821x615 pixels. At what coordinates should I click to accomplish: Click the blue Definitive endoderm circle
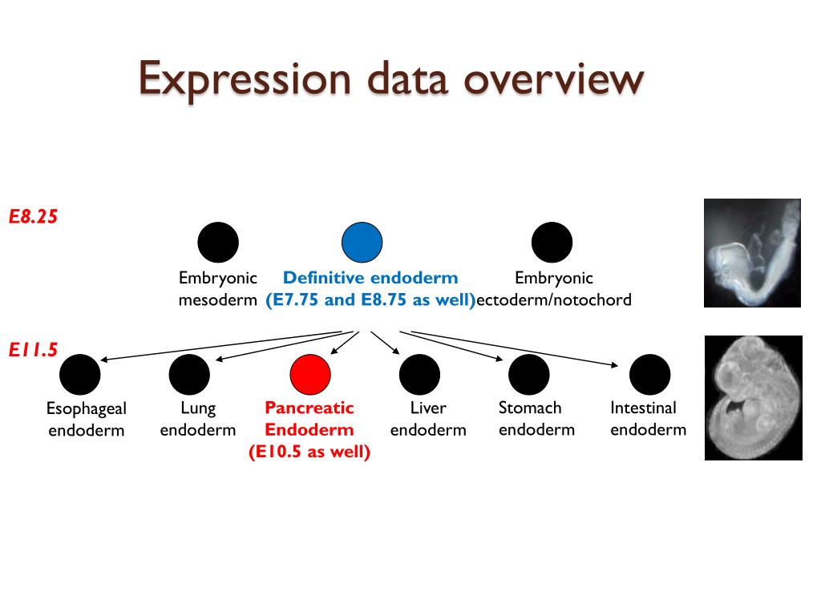pos(362,243)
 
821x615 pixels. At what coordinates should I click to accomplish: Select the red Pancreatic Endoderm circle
pos(310,374)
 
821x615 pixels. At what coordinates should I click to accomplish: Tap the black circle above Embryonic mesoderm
pos(218,243)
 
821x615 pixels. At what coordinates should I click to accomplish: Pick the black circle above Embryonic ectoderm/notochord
pos(552,243)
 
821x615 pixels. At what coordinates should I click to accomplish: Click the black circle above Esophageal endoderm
pos(80,374)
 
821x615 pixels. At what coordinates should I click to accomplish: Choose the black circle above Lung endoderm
pos(189,374)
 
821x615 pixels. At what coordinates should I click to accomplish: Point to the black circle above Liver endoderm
pos(419,374)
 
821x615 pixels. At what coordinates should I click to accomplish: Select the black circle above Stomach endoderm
pos(529,374)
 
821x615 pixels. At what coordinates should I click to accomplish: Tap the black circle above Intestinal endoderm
pos(649,374)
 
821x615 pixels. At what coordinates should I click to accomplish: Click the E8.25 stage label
pos(34,216)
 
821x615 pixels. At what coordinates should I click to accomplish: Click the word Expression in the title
pos(245,79)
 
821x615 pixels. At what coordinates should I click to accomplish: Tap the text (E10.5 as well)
pos(309,452)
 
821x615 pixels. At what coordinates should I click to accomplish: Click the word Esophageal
pos(87,408)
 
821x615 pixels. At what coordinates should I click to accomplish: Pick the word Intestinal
pos(643,408)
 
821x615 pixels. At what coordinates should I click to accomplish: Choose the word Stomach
pos(530,408)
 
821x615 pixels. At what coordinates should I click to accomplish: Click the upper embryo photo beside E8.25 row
pos(752,253)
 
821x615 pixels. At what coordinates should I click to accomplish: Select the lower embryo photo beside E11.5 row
pos(753,398)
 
